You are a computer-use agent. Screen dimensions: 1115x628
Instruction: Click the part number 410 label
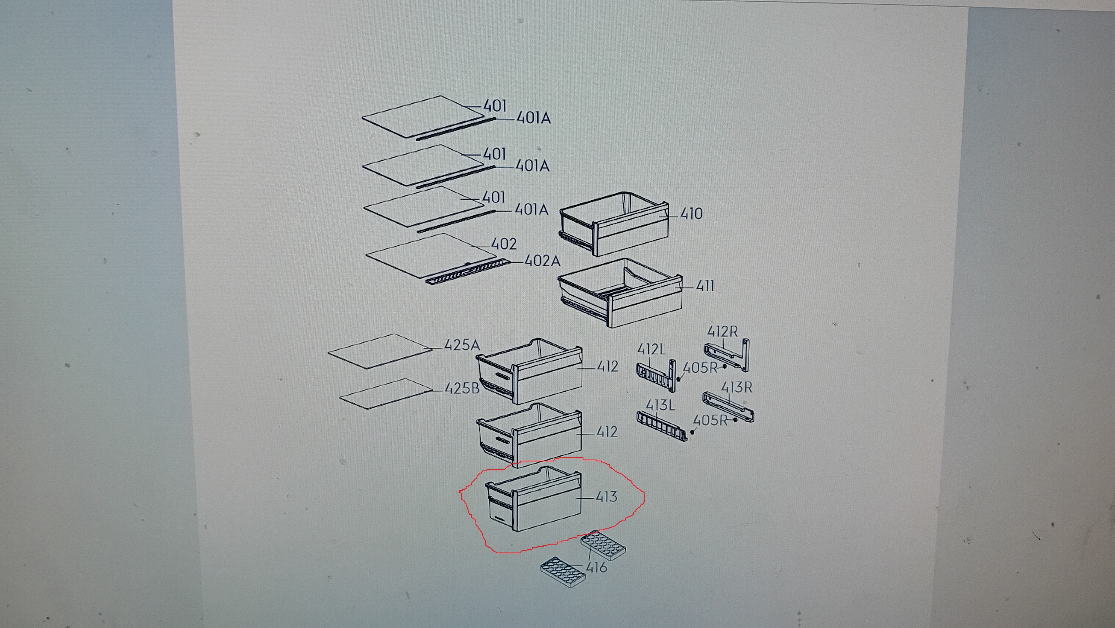point(691,214)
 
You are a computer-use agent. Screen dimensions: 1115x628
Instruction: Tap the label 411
point(705,286)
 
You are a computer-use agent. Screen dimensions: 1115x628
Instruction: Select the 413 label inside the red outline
point(606,497)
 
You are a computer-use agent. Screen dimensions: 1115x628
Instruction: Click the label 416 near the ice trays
point(597,567)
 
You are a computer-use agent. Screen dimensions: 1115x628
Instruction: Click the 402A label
point(542,261)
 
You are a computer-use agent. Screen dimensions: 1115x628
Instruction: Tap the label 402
point(504,244)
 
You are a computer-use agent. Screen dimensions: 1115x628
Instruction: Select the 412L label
point(652,349)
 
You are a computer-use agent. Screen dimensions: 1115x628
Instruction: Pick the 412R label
point(722,332)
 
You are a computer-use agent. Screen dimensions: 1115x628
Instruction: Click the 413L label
point(660,405)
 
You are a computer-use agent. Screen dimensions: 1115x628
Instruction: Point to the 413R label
point(737,387)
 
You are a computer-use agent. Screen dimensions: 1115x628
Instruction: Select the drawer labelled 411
point(620,292)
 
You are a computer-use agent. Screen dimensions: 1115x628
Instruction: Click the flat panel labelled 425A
point(380,351)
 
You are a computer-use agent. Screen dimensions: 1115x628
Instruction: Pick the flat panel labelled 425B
point(386,394)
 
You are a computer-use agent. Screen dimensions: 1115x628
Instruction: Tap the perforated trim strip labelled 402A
point(468,272)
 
